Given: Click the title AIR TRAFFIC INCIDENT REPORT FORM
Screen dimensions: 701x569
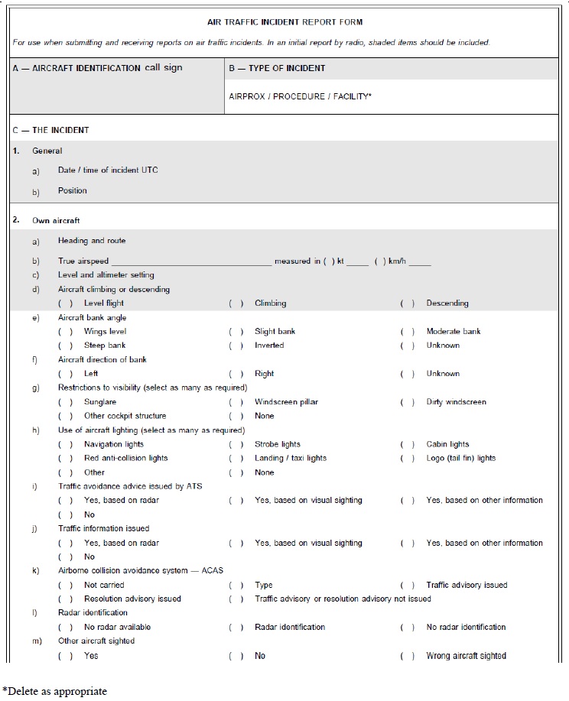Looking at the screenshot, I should coord(284,23).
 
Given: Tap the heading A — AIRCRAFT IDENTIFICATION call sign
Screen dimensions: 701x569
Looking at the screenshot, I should coord(98,68).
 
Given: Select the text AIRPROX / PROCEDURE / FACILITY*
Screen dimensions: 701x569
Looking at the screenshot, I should coord(300,97).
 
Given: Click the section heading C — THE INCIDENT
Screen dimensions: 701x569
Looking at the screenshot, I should coord(50,130).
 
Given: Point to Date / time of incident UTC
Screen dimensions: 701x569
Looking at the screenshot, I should coord(108,170).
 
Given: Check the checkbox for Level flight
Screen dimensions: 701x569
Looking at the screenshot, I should coord(67,303).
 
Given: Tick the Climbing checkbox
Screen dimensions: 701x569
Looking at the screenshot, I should coord(237,303).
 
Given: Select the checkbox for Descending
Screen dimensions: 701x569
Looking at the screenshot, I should coord(408,303).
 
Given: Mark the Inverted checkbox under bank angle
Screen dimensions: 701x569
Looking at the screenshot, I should coord(237,346).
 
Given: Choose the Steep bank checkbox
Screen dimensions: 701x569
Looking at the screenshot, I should coord(67,346).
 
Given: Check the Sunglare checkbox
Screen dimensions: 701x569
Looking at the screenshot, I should coord(67,402).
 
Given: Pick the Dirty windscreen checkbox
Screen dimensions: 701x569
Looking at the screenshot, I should coord(408,402).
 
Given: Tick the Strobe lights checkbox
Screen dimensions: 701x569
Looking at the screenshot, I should coord(237,444).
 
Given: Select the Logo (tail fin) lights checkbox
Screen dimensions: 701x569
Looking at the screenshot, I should coord(408,459).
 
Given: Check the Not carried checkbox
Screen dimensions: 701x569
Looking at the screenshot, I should coord(67,586).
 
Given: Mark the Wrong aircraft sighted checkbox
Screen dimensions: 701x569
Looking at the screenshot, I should coord(408,656).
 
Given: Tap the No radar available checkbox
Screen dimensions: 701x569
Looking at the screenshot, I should coord(67,628).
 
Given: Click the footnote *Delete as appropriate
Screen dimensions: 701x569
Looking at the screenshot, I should coord(54,691).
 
